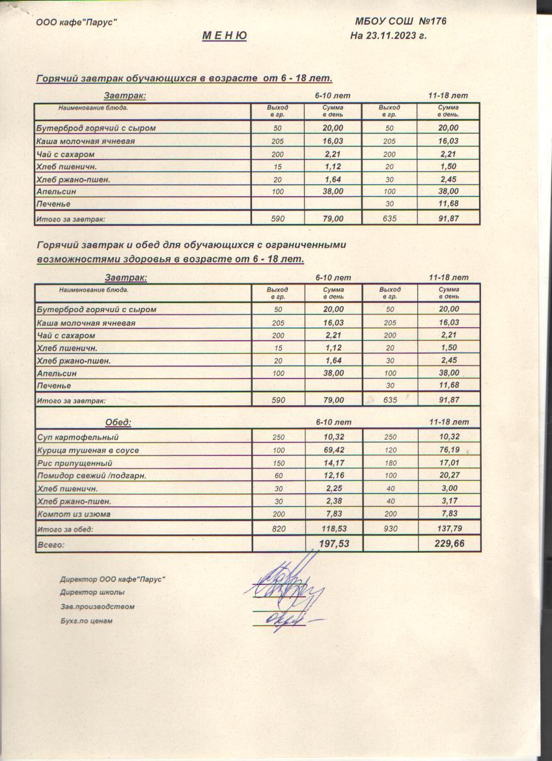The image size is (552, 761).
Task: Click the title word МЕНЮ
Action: [225, 36]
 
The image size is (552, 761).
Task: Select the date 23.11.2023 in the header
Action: [394, 35]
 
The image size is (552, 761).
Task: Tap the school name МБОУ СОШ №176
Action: [401, 22]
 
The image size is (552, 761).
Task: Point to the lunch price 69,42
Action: [333, 450]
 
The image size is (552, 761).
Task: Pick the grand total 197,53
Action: [333, 543]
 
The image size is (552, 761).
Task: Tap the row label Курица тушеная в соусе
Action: [88, 450]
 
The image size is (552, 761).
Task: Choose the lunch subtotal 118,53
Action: [333, 529]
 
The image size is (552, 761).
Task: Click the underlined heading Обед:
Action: [118, 422]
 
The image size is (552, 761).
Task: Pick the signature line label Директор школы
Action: [92, 592]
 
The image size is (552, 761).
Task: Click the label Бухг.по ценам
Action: [87, 621]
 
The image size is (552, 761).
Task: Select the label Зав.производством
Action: [97, 607]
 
